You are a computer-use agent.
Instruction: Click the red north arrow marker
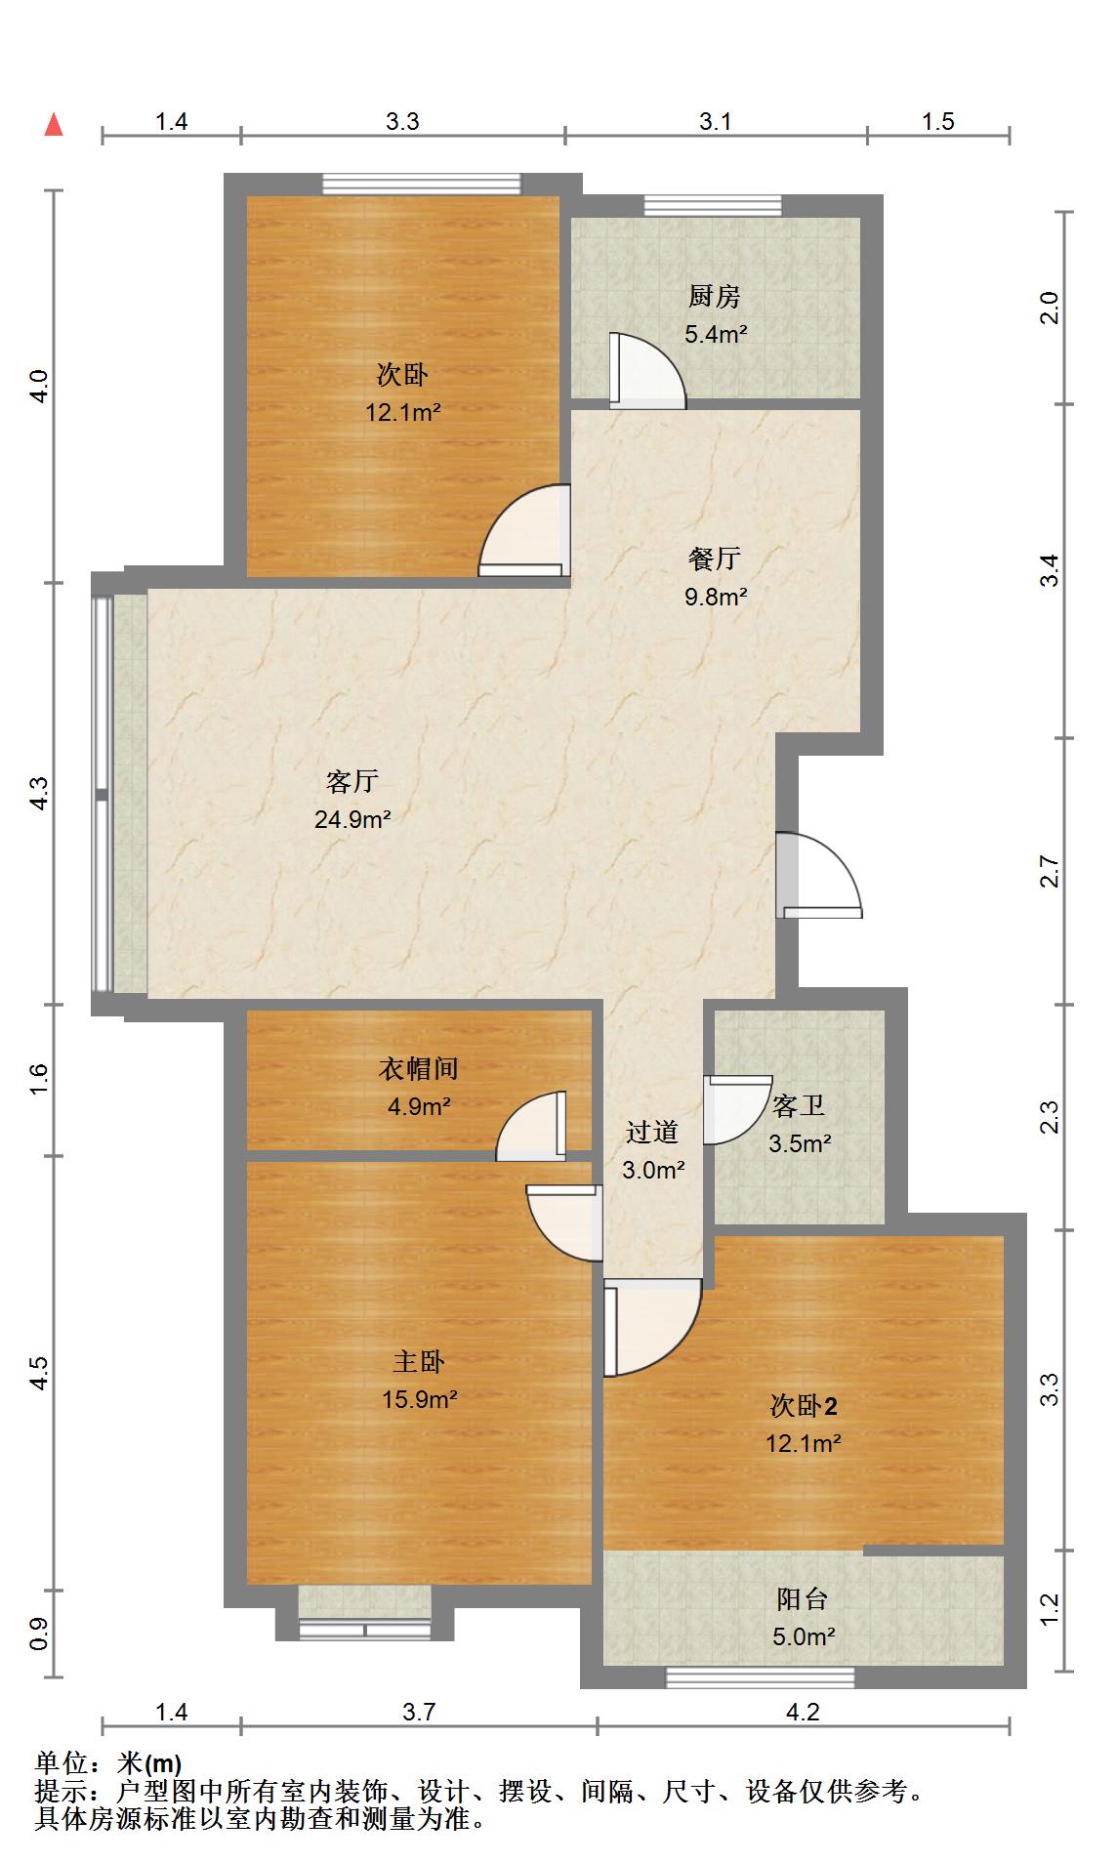pos(54,125)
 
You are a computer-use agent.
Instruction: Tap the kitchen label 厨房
pos(715,296)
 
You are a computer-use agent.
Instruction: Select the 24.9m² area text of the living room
pos(352,819)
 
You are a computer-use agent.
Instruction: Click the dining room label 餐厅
pos(715,559)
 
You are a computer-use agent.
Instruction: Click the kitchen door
pos(645,371)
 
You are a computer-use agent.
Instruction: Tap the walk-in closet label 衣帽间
pos(418,1068)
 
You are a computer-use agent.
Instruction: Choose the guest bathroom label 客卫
pos(799,1105)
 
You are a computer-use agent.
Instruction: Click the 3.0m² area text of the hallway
pos(653,1169)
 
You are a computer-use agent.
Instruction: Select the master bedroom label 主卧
pos(419,1361)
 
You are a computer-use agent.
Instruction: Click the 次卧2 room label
pos(804,1406)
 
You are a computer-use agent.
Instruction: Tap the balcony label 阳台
pos(803,1598)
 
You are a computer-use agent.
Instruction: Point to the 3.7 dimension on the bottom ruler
pos(419,1712)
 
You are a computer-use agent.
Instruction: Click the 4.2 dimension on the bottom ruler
pos(803,1712)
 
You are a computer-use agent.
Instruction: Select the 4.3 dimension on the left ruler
pos(38,793)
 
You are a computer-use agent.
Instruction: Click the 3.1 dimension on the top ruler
pos(716,121)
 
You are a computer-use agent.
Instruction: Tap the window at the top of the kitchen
pos(713,206)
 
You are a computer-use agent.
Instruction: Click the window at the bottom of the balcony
pos(761,1677)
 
